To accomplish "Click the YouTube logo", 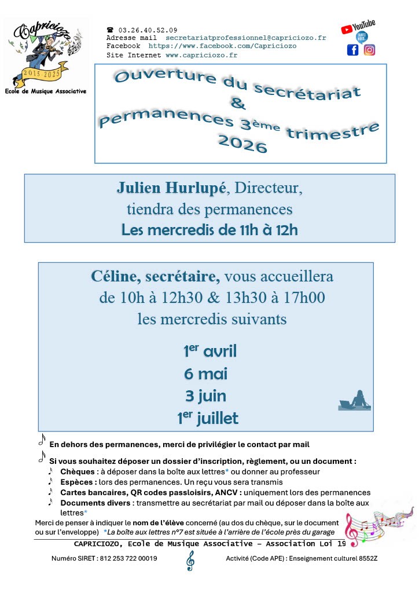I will point(358,26).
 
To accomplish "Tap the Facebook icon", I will point(352,50).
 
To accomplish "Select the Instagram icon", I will point(369,50).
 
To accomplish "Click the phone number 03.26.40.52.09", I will point(148,30).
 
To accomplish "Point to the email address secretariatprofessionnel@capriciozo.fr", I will point(245,38).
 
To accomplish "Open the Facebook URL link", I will point(222,46).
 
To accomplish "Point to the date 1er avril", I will point(210,351).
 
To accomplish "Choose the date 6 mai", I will point(206,374).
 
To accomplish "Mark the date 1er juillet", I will point(208,418).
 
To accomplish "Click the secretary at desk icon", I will point(354,401).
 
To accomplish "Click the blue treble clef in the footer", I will point(190,560).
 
